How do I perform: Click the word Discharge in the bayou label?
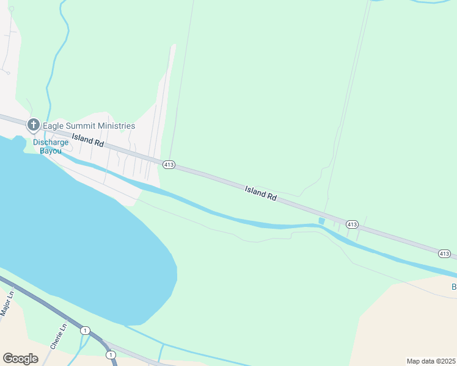tap(51, 142)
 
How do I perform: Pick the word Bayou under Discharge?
tap(51, 151)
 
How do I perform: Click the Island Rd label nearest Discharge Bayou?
tap(87, 140)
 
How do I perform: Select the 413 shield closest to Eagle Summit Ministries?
tap(169, 165)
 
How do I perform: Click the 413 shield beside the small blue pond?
tap(351, 224)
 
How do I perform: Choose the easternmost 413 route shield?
tap(444, 253)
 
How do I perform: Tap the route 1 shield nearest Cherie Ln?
tap(84, 330)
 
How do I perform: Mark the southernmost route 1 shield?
tap(110, 354)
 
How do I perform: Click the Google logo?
tap(20, 359)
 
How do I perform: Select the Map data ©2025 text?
tap(431, 361)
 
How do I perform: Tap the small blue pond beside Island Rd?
tap(321, 220)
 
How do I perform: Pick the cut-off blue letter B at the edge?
tap(454, 287)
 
